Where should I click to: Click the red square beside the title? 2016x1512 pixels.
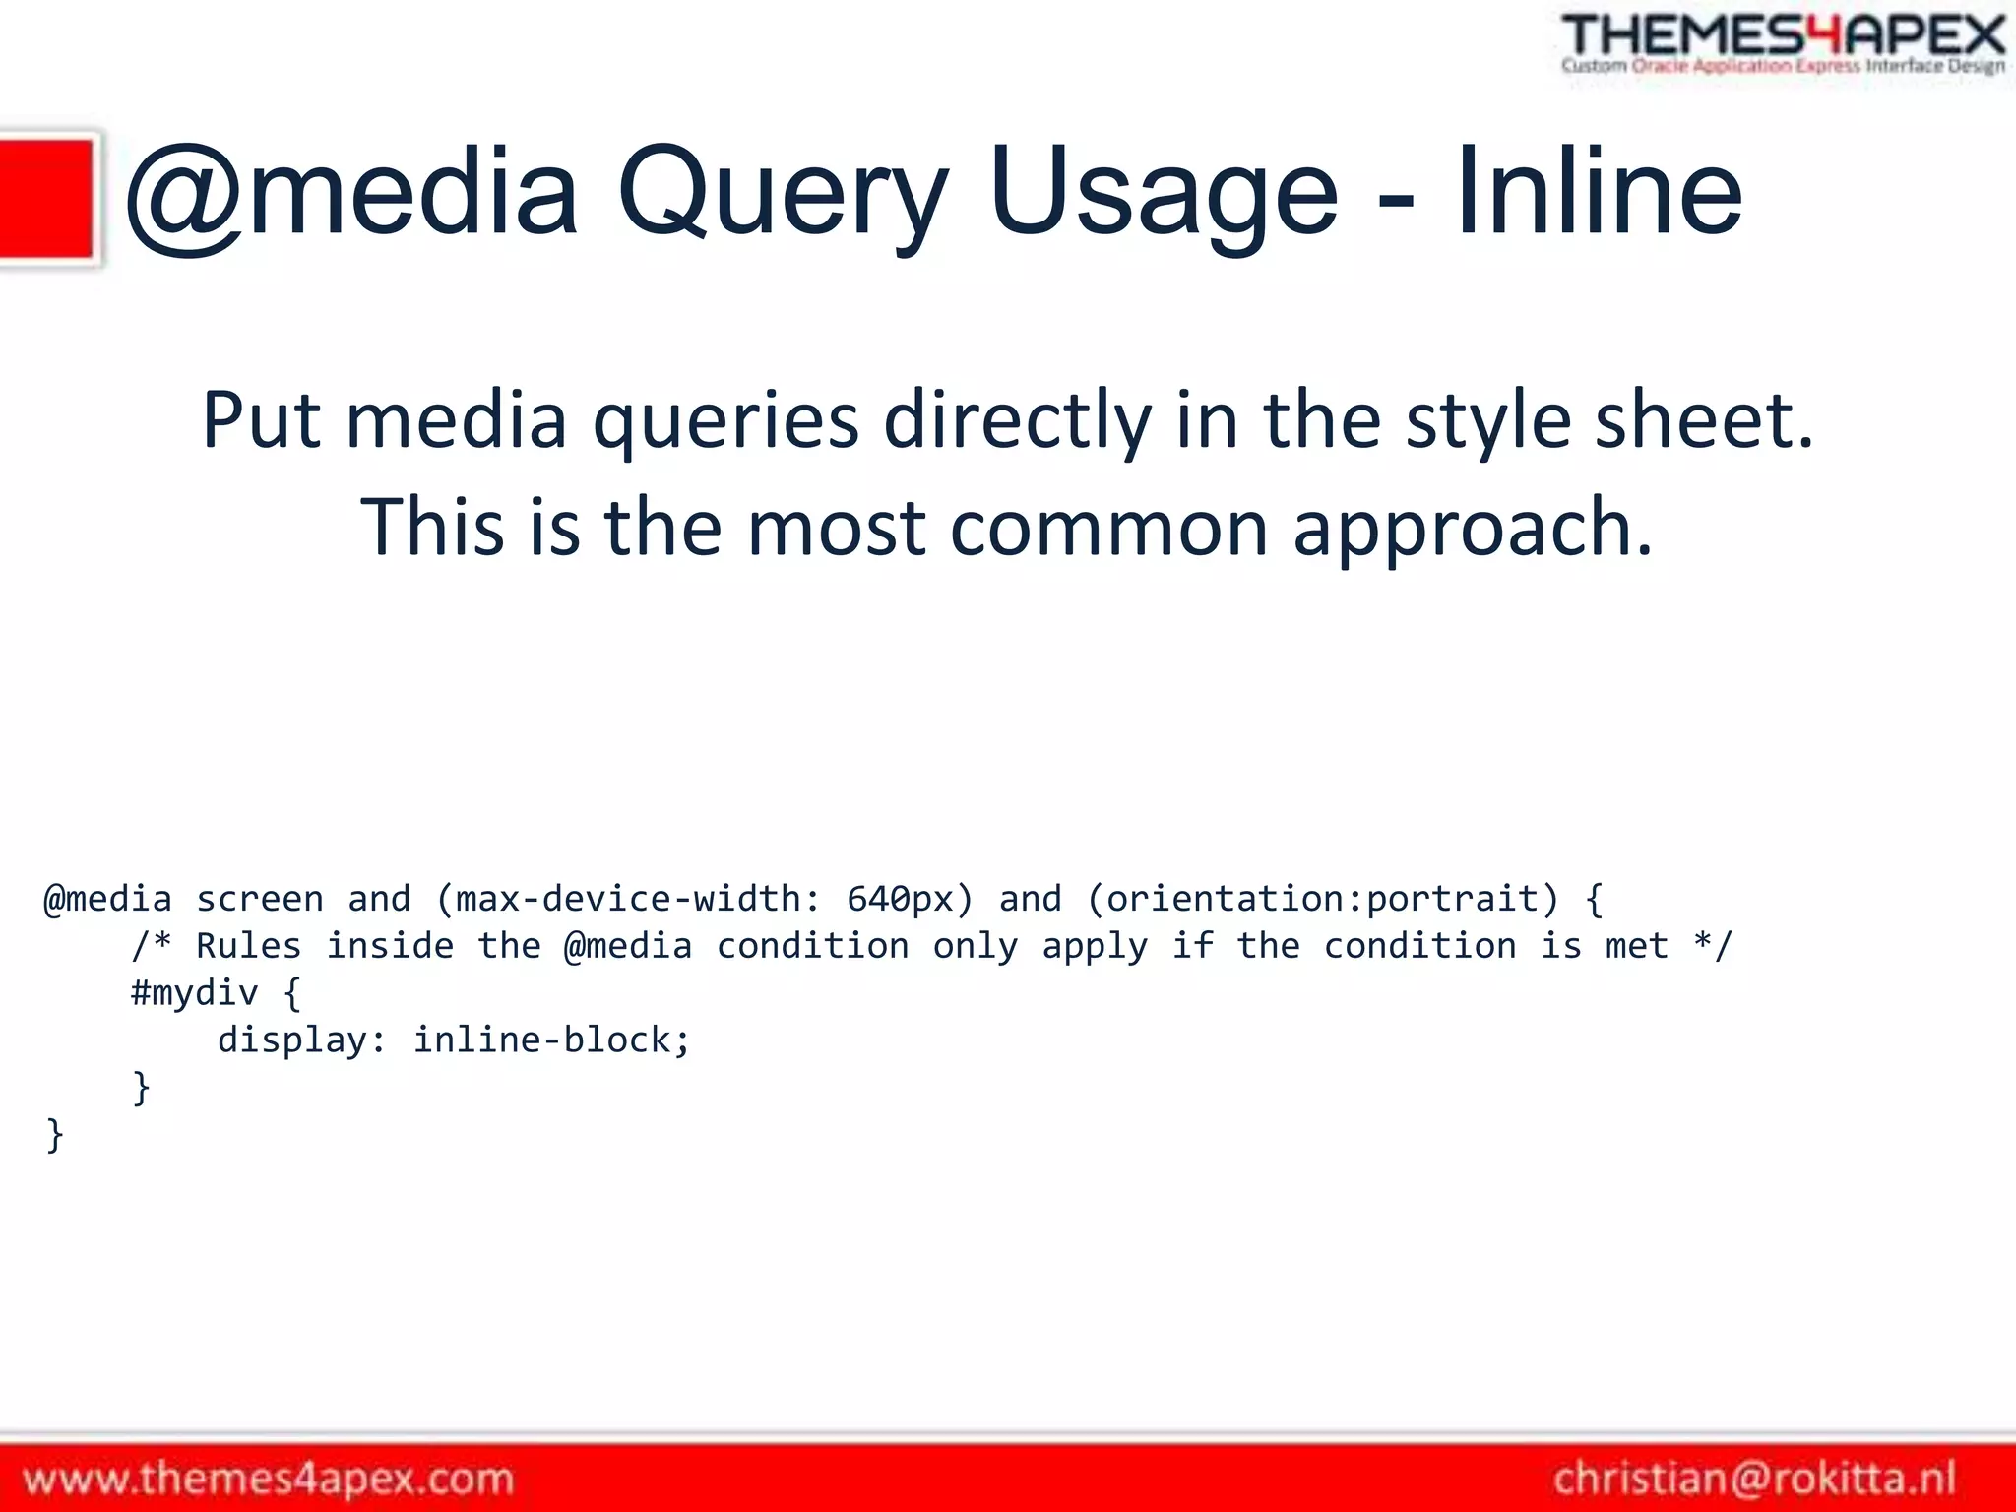46,199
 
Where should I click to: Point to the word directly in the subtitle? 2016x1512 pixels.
1017,420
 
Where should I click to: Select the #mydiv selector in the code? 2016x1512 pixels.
194,993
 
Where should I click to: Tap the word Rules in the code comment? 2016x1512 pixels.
248,946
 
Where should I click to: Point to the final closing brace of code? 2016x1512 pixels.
55,1135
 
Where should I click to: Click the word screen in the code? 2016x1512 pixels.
259,899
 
